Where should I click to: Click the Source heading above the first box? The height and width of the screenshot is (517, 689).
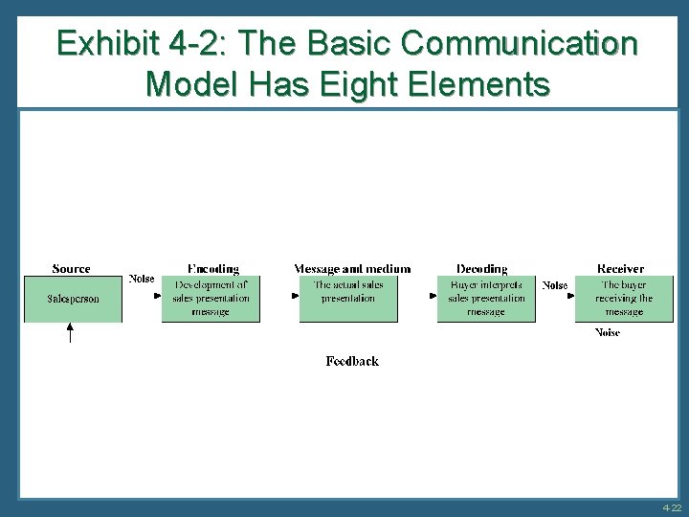[x=72, y=269]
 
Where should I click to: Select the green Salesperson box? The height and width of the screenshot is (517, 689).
[x=73, y=299]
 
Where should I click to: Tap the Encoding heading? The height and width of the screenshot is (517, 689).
[x=212, y=269]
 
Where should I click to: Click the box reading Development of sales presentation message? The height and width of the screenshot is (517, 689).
[x=211, y=299]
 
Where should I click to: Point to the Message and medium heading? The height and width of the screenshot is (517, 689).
[x=352, y=269]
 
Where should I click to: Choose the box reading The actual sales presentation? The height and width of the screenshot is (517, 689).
[x=348, y=299]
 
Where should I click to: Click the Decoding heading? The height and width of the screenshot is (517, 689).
[x=482, y=269]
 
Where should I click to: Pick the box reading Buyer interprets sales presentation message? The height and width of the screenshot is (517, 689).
[x=486, y=299]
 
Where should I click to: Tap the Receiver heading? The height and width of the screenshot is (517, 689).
[x=620, y=269]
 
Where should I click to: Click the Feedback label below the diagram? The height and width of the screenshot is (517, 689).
[x=352, y=361]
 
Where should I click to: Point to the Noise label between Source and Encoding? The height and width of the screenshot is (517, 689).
[x=142, y=280]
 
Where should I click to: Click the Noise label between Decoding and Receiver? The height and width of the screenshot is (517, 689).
[x=555, y=284]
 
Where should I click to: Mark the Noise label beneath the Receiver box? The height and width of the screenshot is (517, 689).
[x=608, y=332]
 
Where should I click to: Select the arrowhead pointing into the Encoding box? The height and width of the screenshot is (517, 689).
[x=157, y=296]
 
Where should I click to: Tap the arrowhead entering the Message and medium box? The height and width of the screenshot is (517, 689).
[x=296, y=296]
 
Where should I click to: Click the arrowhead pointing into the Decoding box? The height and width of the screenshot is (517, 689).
[x=433, y=296]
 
